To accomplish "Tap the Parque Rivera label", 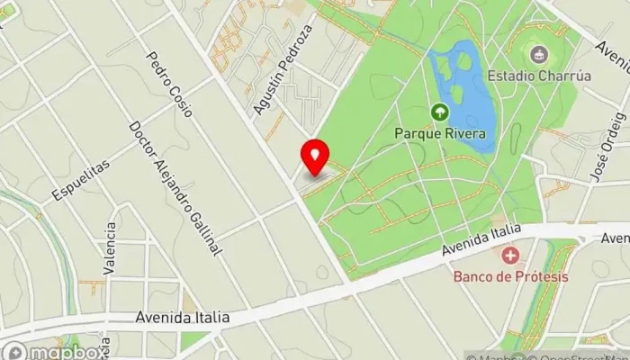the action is coord(440,135).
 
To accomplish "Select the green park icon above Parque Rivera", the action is coord(440,112).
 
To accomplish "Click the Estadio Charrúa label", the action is coord(540,76).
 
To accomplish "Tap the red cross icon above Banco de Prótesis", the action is coord(510,256).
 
